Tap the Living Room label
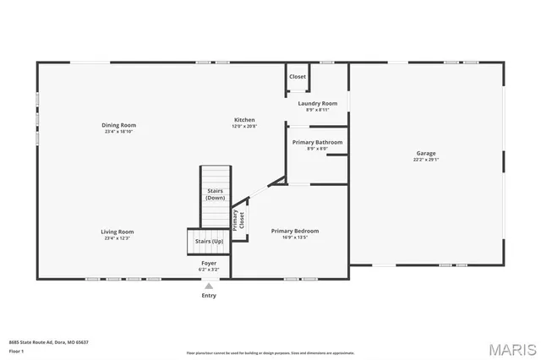click(x=118, y=232)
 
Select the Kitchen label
click(x=243, y=120)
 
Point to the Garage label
click(x=425, y=153)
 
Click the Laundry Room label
click(x=317, y=103)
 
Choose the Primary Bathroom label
click(x=317, y=142)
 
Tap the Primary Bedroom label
click(x=294, y=231)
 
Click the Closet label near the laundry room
click(x=298, y=77)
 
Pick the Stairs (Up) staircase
click(x=209, y=242)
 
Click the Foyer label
click(x=208, y=264)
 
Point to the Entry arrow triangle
click(x=208, y=286)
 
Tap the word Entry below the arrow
click(x=208, y=296)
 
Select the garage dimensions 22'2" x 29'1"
click(x=425, y=160)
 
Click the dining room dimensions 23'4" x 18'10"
click(x=118, y=132)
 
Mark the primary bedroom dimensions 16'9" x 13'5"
click(x=294, y=237)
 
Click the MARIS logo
click(x=510, y=348)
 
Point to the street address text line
click(x=48, y=342)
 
